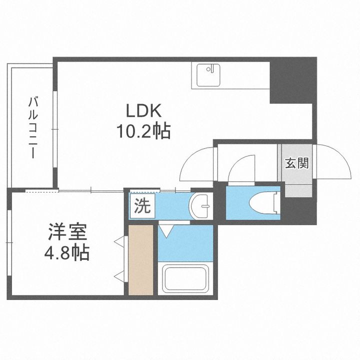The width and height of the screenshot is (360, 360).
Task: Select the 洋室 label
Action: point(68,233)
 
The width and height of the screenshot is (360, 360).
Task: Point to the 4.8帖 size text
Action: point(67,252)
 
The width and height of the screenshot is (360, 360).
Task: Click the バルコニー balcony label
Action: point(33,127)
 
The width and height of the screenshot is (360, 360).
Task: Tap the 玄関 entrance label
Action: point(296,163)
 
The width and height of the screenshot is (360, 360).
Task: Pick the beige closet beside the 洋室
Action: point(140,260)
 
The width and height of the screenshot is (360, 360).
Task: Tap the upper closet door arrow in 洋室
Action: point(119,242)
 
